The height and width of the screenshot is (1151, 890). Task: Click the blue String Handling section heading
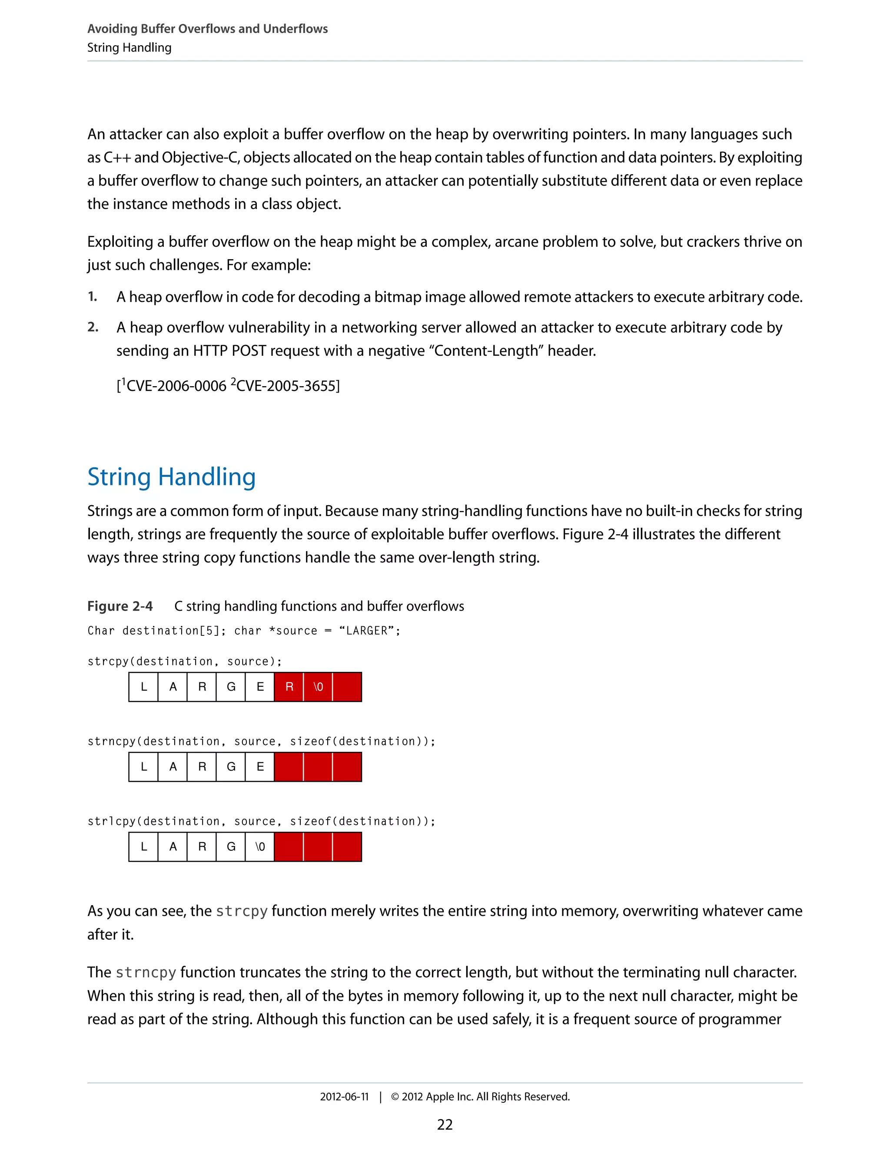[171, 477]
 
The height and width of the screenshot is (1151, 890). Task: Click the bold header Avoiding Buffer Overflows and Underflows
[207, 29]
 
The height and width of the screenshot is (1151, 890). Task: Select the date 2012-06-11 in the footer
[344, 1097]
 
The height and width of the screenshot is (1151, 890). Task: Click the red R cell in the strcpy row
[289, 687]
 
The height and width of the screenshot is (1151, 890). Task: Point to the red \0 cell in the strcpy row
[318, 687]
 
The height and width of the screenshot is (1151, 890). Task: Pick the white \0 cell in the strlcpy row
[260, 847]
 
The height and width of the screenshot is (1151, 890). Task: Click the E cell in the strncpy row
[260, 767]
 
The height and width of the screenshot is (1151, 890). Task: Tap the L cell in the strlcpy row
[143, 847]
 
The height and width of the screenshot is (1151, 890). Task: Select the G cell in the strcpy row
[231, 687]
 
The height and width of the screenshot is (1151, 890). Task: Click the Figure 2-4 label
[120, 606]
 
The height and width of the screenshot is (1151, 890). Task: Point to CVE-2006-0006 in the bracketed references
[176, 386]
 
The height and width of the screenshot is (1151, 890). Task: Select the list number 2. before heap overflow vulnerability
[93, 327]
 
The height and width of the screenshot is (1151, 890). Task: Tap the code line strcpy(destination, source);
[185, 661]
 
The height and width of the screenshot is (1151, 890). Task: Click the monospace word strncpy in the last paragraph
[146, 972]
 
